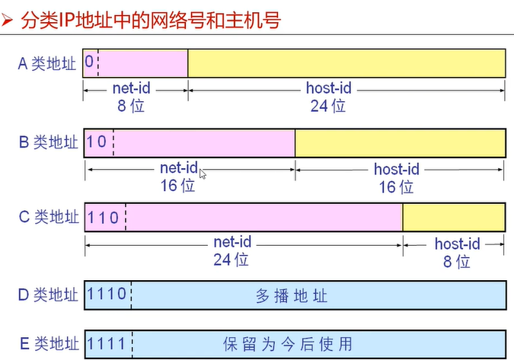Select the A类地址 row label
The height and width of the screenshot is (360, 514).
(47, 63)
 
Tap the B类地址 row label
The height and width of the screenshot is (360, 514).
(48, 142)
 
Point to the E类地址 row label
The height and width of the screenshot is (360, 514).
(48, 342)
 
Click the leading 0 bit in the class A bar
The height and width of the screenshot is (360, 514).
(90, 62)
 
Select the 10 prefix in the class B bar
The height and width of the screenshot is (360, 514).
(97, 142)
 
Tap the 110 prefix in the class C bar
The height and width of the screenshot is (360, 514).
(103, 218)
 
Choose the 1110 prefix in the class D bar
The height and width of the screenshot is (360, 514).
(107, 295)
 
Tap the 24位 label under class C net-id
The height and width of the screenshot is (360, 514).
(232, 260)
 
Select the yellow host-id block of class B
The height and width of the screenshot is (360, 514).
(400, 142)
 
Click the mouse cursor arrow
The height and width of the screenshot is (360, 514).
(202, 174)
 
